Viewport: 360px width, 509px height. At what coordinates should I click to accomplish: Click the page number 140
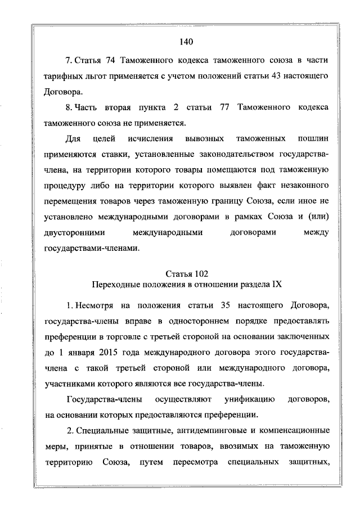click(x=186, y=41)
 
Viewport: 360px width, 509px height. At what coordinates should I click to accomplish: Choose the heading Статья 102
click(x=186, y=274)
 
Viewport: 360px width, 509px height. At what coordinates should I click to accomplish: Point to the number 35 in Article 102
click(x=208, y=305)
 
